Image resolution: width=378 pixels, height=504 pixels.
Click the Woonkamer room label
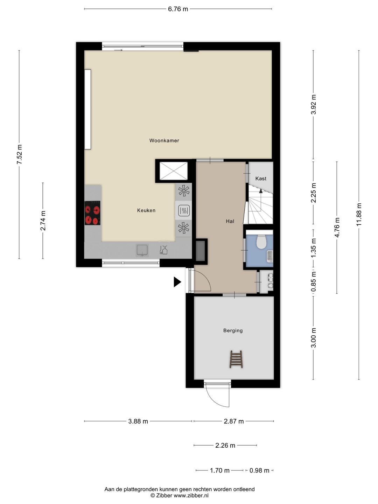[164, 140]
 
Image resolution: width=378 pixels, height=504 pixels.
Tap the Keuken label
[146, 210]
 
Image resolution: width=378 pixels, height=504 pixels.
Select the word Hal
[230, 221]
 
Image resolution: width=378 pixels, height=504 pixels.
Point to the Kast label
[261, 178]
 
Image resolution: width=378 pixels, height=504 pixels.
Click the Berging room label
[233, 330]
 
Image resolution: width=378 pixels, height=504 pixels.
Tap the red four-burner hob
[92, 213]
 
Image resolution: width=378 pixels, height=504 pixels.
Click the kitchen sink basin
[142, 250]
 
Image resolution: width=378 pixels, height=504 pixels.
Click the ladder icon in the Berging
[236, 359]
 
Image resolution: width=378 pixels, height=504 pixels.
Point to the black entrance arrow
[177, 282]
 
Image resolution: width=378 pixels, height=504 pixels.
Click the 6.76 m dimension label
[178, 9]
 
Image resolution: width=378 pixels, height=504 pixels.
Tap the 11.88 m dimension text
[359, 215]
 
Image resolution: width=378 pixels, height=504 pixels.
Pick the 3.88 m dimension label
[138, 421]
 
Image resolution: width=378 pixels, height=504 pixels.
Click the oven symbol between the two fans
[184, 210]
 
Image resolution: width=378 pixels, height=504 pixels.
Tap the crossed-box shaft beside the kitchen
[173, 171]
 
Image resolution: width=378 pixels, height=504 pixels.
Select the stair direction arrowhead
[260, 191]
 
